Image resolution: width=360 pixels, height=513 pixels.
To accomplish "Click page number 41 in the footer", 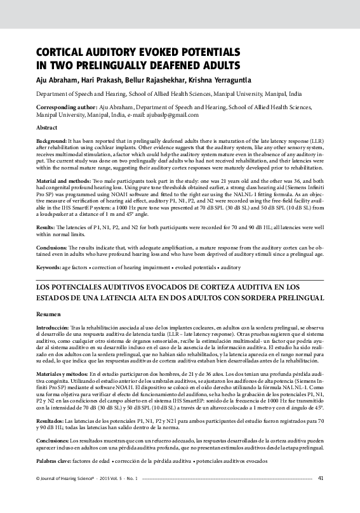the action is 321,496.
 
